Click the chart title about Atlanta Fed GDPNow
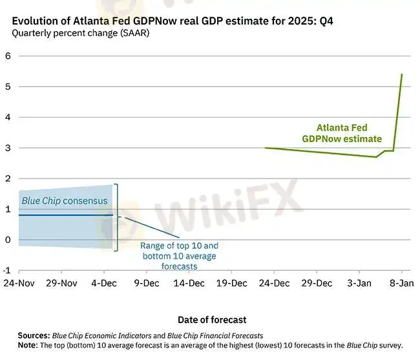coord(173,21)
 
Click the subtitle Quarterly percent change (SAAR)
coord(81,34)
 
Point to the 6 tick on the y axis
coord(8,56)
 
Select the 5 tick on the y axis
coord(8,87)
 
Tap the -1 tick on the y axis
coord(6,270)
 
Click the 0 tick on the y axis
coord(8,240)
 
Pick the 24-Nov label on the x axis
coord(18,283)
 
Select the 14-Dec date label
coord(189,283)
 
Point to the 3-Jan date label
coord(359,283)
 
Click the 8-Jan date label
coord(401,283)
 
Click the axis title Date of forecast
coord(212,320)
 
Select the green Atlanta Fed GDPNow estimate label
coord(342,133)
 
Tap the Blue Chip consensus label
coord(65,201)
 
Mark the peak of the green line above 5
coord(402,74)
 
